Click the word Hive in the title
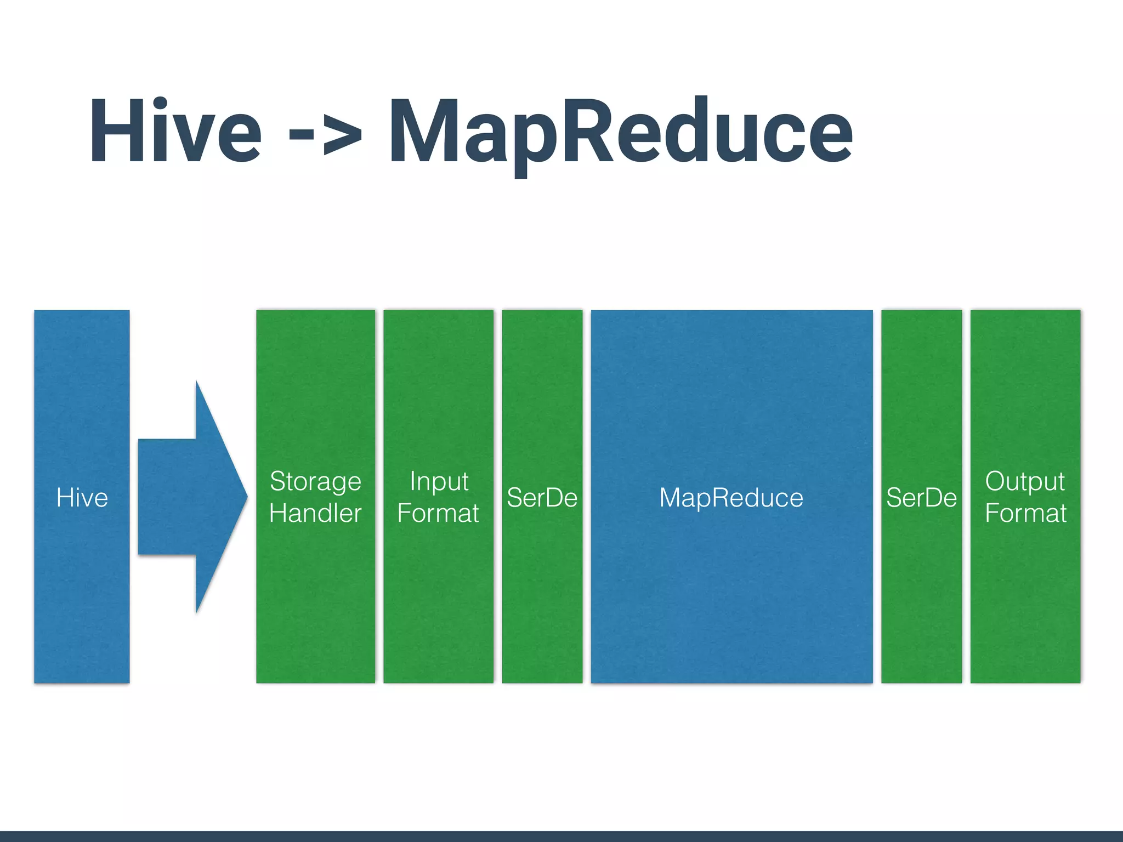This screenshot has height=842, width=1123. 175,132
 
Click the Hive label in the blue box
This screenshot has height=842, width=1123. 82,498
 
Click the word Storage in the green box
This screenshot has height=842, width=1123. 315,482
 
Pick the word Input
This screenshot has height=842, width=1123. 439,482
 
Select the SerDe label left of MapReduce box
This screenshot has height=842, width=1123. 542,498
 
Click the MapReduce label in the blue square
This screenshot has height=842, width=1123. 731,498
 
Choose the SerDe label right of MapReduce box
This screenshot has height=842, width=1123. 921,498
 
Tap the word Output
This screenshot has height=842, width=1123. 1024,482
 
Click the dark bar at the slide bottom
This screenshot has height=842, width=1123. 561,837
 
